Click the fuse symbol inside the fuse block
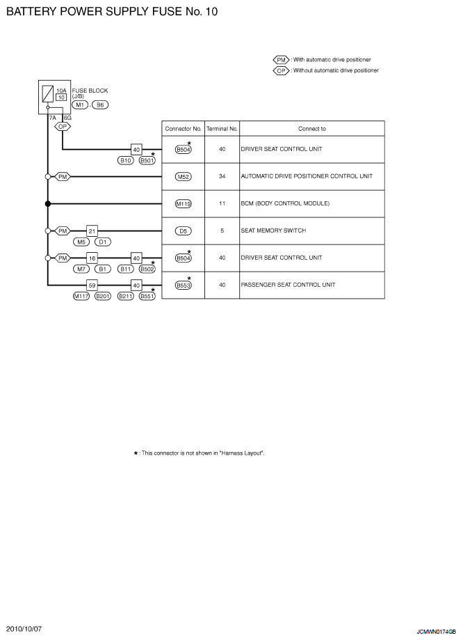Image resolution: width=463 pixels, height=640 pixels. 48,94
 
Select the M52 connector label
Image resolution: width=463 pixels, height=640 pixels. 184,177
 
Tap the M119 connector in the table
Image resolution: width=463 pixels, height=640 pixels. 184,203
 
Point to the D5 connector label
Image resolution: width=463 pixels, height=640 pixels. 184,231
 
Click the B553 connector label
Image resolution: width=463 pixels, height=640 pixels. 184,286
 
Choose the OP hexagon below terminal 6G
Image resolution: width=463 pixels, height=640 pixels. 63,127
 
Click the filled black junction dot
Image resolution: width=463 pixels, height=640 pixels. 48,203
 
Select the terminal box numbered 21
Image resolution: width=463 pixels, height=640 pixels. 92,231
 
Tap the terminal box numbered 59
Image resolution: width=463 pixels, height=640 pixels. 92,286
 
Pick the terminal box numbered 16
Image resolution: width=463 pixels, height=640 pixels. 92,258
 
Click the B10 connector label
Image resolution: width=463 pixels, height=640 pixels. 126,160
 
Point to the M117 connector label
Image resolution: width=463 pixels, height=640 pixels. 81,297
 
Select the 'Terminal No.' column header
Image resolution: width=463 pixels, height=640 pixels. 222,129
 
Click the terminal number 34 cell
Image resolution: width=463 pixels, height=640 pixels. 222,176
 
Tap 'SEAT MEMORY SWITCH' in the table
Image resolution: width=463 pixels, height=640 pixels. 273,231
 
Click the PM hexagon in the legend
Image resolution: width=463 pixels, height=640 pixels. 282,60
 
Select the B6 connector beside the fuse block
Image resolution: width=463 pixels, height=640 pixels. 100,105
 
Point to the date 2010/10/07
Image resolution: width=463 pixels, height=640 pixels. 24,629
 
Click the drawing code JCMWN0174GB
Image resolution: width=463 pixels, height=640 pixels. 436,632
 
